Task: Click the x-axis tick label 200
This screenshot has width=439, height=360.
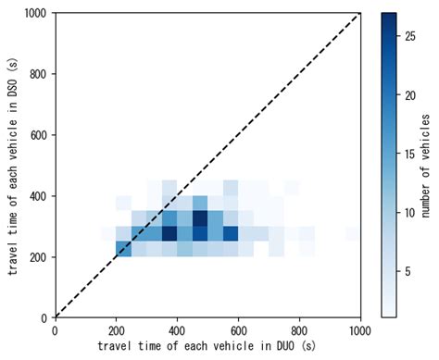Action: tap(116, 328)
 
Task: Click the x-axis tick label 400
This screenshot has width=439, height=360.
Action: tap(177, 328)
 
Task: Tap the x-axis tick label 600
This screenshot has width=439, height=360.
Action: tap(238, 328)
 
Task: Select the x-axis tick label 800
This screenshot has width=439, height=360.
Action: tap(299, 328)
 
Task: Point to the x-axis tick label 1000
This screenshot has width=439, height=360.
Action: tap(359, 328)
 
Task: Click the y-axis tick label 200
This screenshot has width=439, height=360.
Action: tap(39, 256)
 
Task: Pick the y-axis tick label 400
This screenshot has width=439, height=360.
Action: tap(39, 195)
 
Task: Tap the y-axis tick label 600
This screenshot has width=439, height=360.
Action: tap(39, 135)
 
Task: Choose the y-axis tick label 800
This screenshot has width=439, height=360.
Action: tap(39, 74)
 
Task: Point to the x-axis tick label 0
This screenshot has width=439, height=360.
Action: tap(56, 328)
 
